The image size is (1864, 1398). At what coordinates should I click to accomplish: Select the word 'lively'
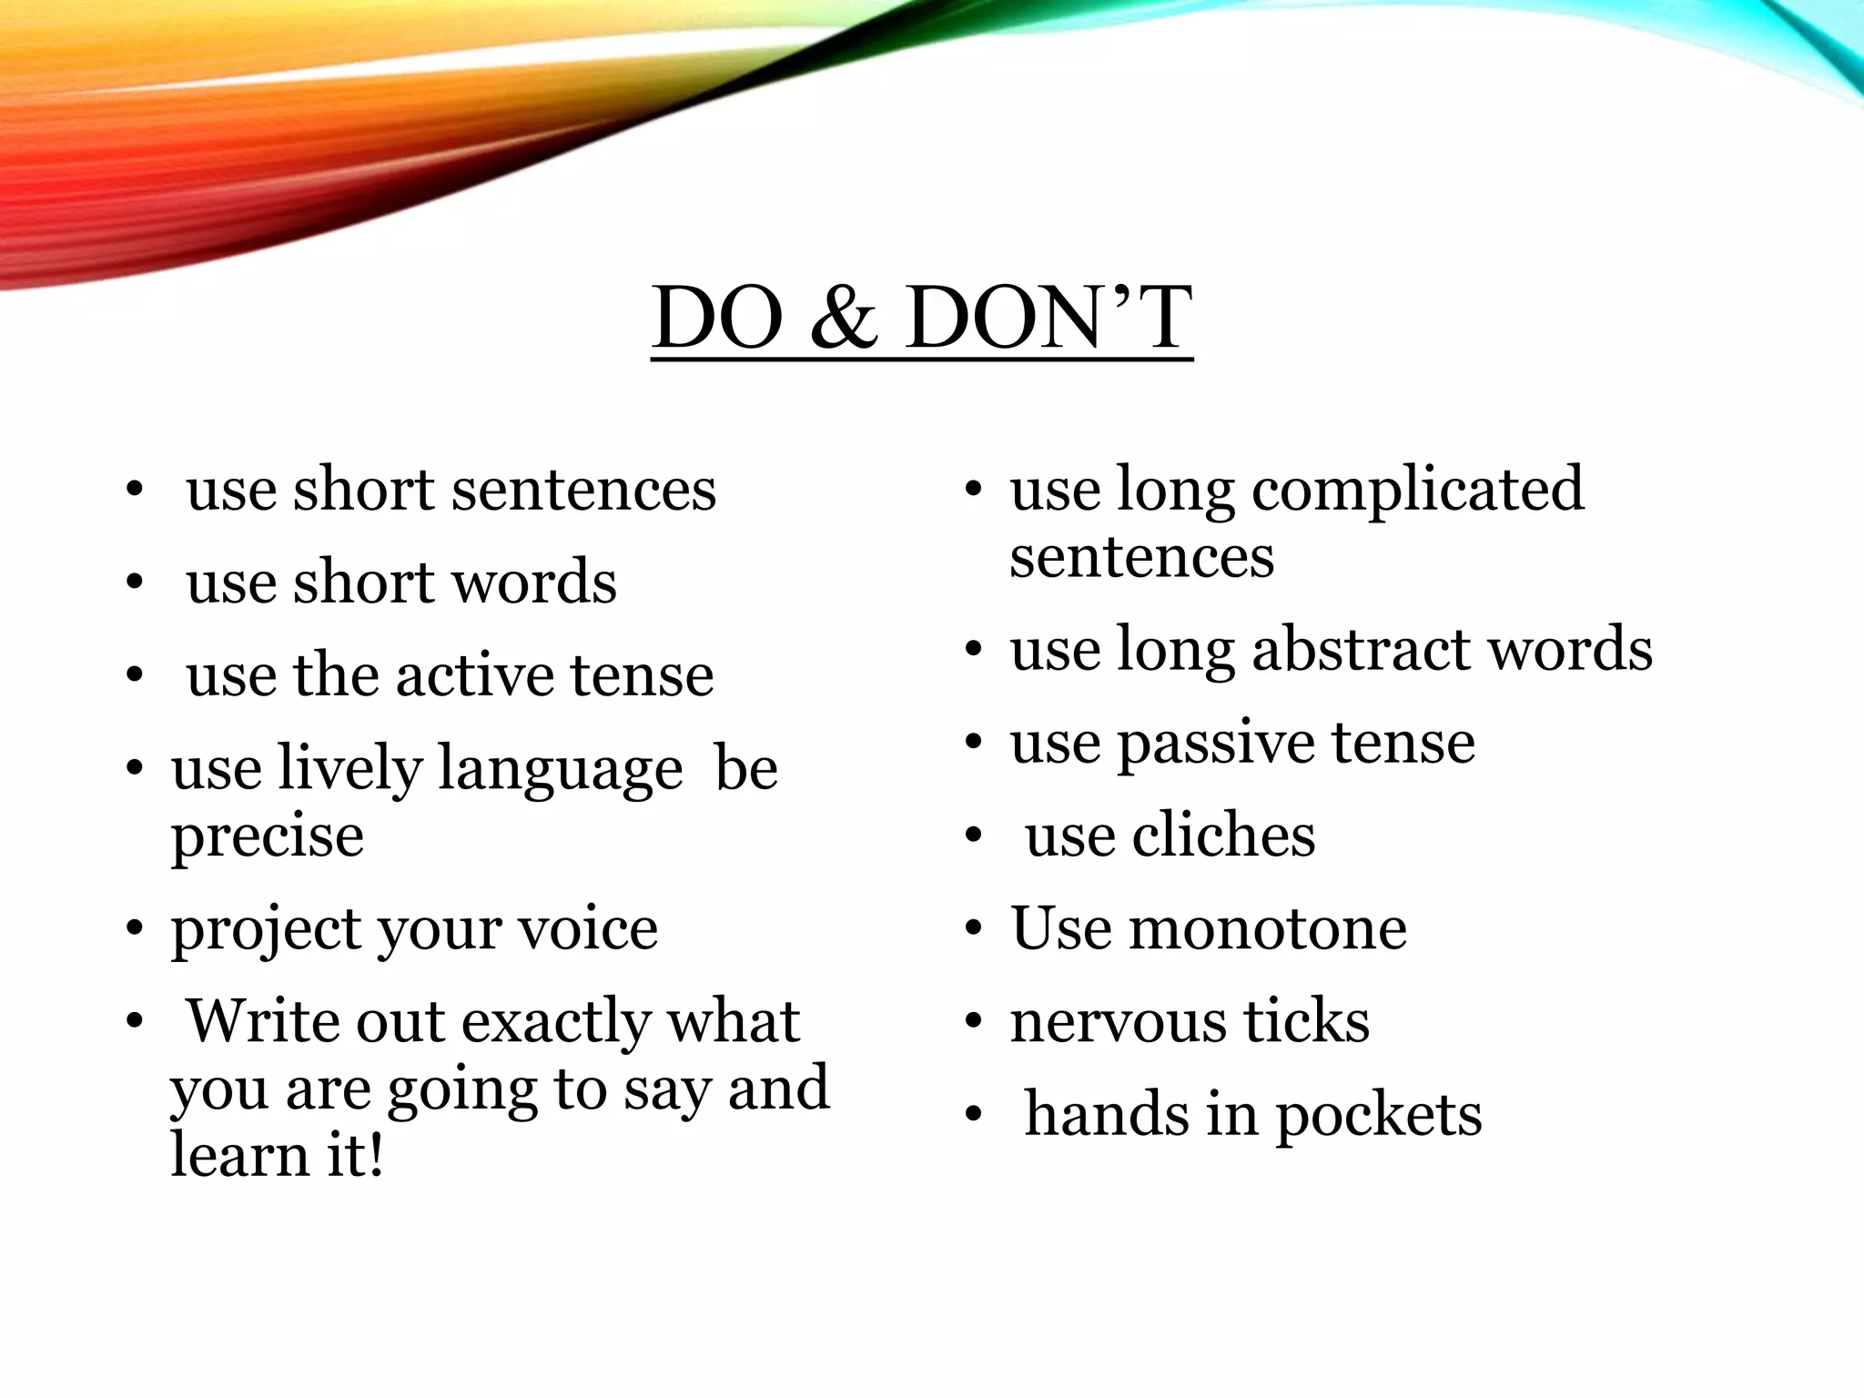(x=350, y=769)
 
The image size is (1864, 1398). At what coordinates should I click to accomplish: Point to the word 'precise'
(x=268, y=836)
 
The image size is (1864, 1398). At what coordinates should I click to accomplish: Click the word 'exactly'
(x=555, y=1023)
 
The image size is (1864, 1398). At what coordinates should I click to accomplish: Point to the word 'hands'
(x=1107, y=1114)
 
